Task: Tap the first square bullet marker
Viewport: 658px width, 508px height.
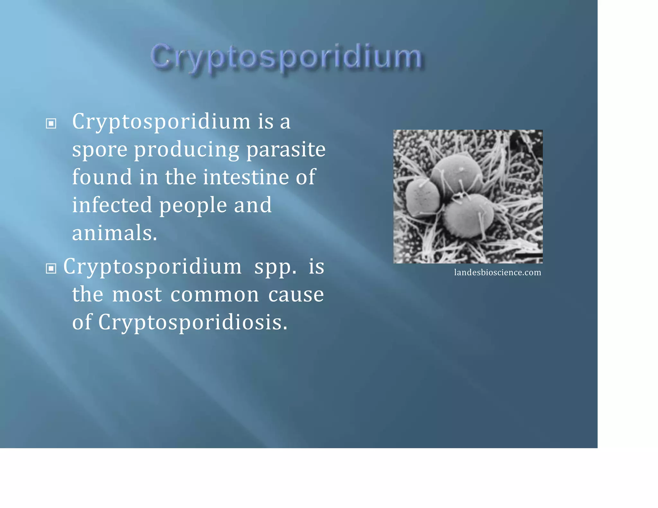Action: pyautogui.click(x=51, y=123)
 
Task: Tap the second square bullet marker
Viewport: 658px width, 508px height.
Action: pyautogui.click(x=51, y=268)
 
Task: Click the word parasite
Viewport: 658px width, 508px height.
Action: pyautogui.click(x=286, y=150)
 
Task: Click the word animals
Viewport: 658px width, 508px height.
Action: pyautogui.click(x=114, y=233)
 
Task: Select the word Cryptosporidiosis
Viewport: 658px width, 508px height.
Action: pyautogui.click(x=192, y=322)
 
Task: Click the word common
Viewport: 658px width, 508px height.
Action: pyautogui.click(x=214, y=295)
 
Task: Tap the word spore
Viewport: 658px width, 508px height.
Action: pyautogui.click(x=100, y=150)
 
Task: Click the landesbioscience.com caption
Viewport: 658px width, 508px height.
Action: pyautogui.click(x=497, y=272)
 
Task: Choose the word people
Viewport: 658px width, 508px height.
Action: pyautogui.click(x=193, y=206)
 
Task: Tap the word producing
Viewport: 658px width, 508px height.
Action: pyautogui.click(x=186, y=150)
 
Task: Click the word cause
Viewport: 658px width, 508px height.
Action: pyautogui.click(x=296, y=295)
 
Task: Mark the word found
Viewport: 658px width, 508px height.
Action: pyautogui.click(x=102, y=177)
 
